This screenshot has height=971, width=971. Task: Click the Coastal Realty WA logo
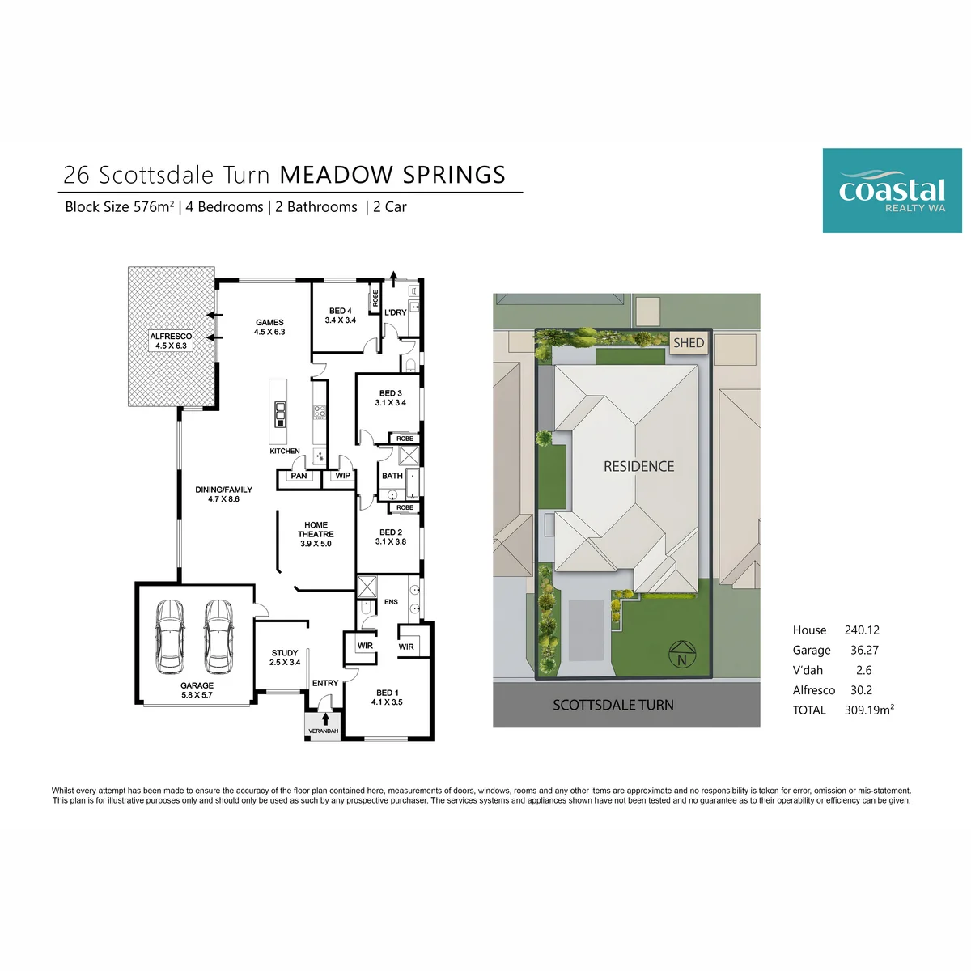892,190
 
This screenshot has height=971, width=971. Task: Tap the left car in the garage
170,637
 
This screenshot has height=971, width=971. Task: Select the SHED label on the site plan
689,342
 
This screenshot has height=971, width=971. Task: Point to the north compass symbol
682,655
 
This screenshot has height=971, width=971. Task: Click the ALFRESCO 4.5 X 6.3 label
171,341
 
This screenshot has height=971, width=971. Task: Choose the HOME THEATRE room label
316,534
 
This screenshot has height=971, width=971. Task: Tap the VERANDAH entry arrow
325,719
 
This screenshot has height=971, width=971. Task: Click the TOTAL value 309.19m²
869,710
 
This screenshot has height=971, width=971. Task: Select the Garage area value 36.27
864,650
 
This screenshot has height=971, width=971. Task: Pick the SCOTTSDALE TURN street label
613,705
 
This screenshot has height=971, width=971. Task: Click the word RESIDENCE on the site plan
638,467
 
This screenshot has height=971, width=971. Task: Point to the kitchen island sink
280,414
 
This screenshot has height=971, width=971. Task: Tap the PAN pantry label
299,476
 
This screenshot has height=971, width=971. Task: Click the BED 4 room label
341,316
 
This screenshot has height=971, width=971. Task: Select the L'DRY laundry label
395,312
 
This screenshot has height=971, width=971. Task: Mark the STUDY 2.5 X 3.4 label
285,658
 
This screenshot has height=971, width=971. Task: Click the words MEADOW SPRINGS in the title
392,175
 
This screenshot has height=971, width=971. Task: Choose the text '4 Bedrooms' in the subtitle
224,207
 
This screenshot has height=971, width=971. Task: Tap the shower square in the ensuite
367,587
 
